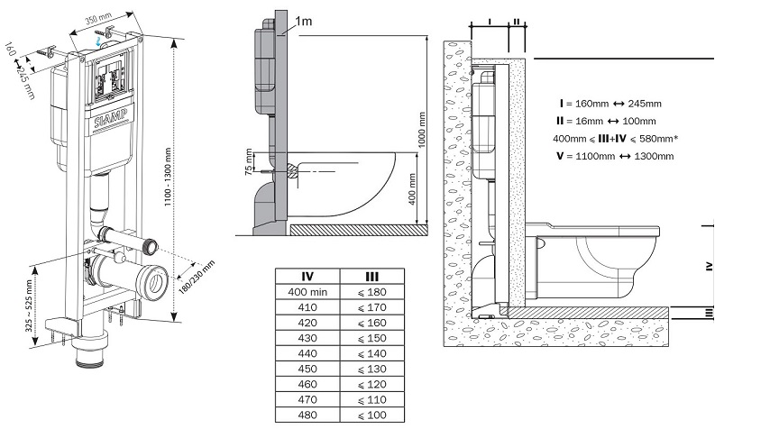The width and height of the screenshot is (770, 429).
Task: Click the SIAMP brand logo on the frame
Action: [109, 119]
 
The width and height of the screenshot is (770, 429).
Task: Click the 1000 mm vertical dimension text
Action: [420, 130]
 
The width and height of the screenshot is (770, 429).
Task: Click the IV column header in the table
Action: [305, 276]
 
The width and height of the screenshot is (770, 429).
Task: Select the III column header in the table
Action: [371, 276]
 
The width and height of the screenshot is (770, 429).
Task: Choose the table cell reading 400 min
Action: [305, 292]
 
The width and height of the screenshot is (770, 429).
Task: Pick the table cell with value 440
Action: [305, 354]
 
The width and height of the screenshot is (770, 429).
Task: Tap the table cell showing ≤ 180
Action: [371, 292]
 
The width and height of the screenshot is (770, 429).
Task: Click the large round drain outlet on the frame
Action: [152, 279]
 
